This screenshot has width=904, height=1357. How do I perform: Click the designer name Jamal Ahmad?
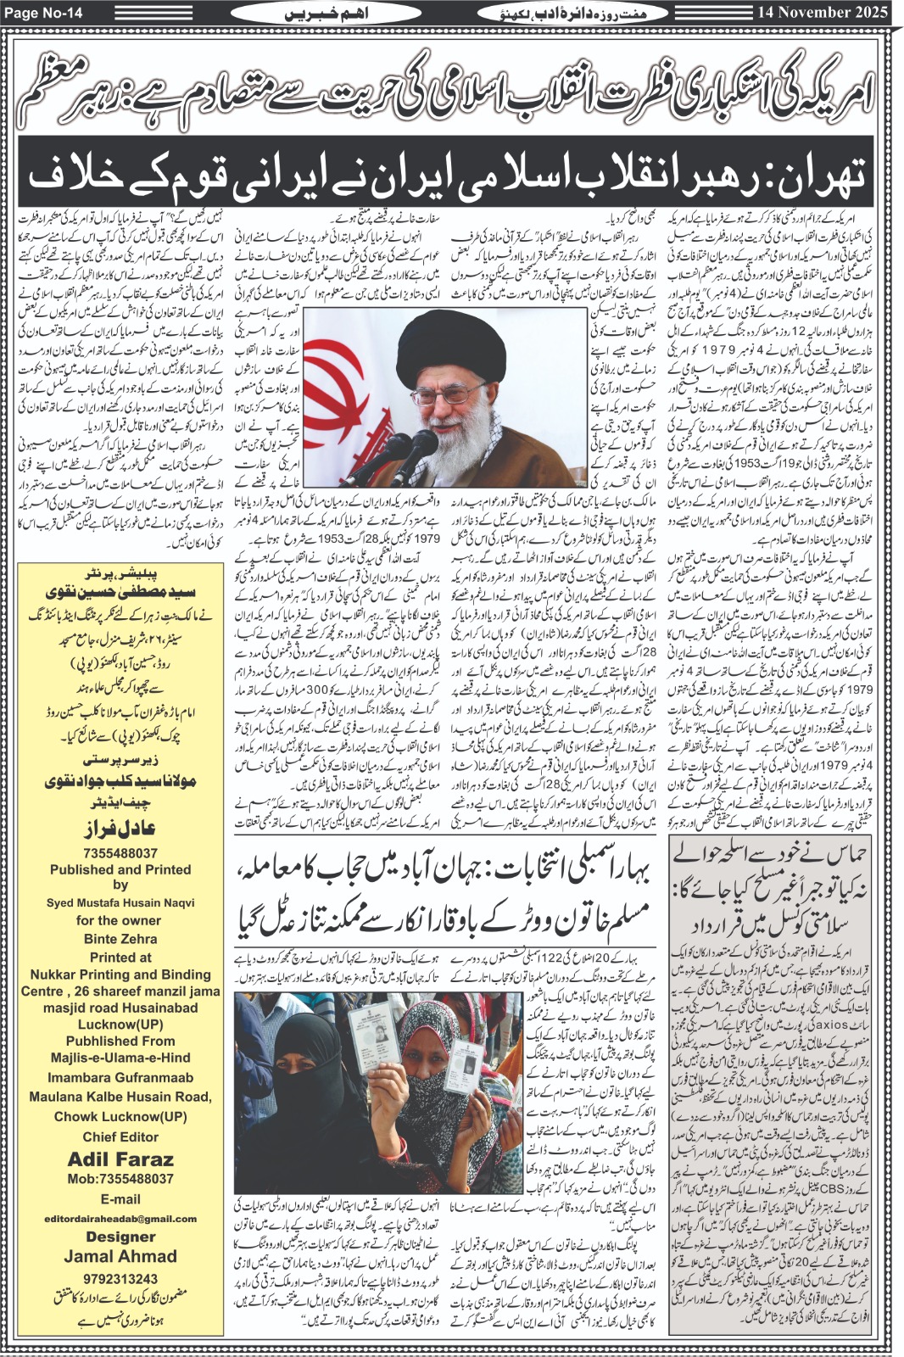pos(120,1256)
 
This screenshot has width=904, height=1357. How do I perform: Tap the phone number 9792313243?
pos(120,1278)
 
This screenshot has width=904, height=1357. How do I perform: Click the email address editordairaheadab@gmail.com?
pos(120,1219)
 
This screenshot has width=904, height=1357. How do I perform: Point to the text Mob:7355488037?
pos(120,1179)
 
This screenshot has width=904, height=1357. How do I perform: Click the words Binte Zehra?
pos(120,939)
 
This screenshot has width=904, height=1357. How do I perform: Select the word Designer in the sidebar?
pos(120,1237)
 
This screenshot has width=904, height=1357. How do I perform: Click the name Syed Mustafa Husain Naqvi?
pos(120,902)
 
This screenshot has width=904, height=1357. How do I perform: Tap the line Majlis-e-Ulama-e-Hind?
pos(120,1058)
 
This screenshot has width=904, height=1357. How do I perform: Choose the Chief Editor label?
pos(120,1136)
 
